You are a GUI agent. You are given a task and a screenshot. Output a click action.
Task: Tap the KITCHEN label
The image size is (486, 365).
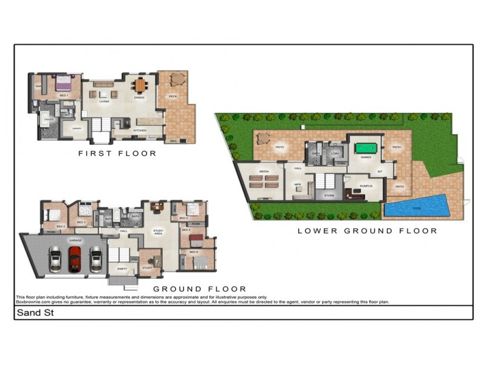(139, 130)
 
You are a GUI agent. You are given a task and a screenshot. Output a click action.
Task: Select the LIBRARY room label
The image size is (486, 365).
(77, 128)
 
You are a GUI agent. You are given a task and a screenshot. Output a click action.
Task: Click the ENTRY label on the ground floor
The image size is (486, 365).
(122, 268)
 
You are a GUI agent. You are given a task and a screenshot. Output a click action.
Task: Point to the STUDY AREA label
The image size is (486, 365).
(157, 231)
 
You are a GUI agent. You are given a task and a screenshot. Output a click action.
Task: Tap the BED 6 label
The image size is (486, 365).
(193, 252)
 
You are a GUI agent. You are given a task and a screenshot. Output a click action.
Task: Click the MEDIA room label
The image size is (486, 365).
(264, 172)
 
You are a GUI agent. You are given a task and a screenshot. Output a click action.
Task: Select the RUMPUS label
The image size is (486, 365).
(366, 186)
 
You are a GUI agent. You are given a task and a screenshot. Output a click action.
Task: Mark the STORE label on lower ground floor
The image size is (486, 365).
(329, 195)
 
